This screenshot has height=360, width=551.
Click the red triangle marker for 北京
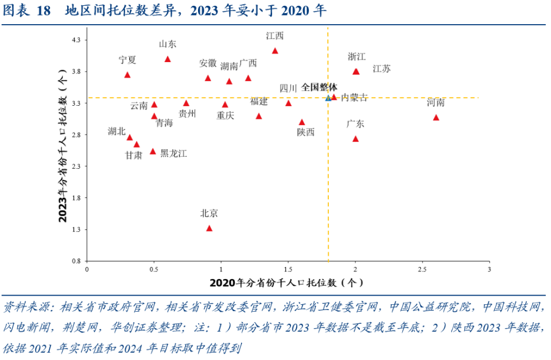point(209,229)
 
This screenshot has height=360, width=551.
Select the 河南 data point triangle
point(436,118)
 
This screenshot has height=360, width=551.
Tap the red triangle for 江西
point(275,51)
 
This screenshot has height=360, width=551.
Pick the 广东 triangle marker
point(355,139)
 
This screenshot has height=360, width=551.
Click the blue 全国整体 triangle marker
point(328,98)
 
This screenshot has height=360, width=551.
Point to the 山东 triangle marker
point(168,59)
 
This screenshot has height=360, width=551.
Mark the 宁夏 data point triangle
point(127,75)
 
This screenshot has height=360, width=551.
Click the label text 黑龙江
point(173,153)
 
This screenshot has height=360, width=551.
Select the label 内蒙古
point(354,98)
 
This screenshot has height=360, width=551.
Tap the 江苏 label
point(382,69)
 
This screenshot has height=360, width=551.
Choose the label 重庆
point(226,115)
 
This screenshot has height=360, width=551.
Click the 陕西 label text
point(306,132)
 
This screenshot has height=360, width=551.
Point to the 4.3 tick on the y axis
point(76,40)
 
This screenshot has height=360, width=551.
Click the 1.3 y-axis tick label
point(76,230)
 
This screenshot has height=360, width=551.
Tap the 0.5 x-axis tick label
point(154,269)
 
